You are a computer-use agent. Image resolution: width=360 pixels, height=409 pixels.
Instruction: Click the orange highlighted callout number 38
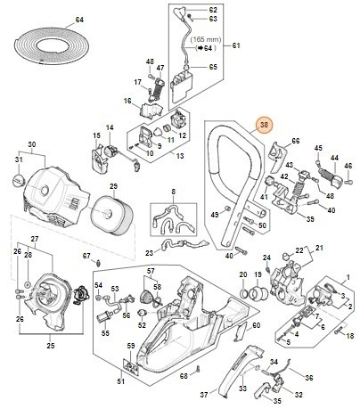point(263,127)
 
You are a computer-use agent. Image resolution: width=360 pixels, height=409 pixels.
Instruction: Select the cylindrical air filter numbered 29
point(111,214)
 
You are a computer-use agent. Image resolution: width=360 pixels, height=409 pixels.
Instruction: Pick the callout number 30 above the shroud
point(31,143)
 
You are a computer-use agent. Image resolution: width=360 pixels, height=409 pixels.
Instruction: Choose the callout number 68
point(183,375)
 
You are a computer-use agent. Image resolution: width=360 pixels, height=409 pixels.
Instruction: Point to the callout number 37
point(202,393)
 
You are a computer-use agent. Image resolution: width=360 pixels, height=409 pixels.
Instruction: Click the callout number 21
point(320,247)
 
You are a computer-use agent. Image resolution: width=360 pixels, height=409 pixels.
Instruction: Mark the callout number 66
point(296,142)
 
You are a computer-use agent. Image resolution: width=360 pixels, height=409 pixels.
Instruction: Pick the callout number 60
point(256,326)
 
